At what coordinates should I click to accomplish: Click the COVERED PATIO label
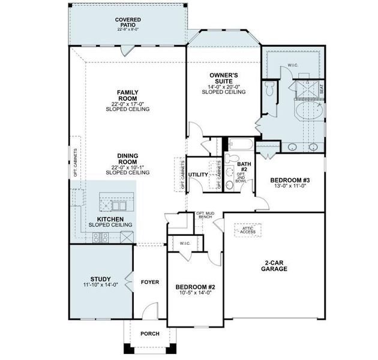[128, 23]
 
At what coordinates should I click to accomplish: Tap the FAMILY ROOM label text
[127, 95]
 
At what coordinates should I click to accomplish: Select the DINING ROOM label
[127, 158]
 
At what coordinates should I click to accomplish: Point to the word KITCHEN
[110, 220]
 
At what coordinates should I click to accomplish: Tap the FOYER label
[149, 281]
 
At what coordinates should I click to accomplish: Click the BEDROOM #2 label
[195, 287]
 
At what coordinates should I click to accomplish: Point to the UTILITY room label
[198, 175]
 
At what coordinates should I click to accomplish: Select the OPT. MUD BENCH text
[206, 216]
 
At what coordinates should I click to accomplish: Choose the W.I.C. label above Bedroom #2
[185, 243]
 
